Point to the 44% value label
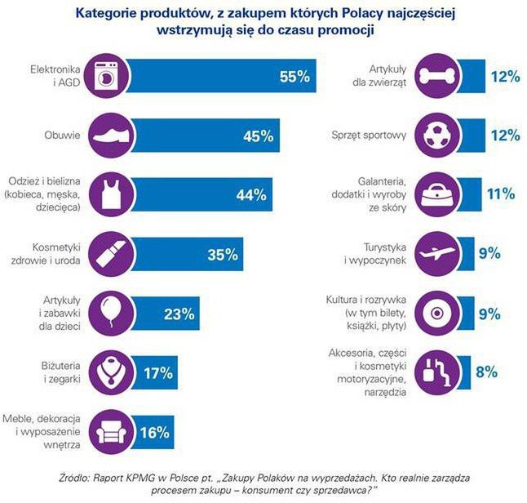250,195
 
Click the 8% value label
487,372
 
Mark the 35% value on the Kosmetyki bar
223,255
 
